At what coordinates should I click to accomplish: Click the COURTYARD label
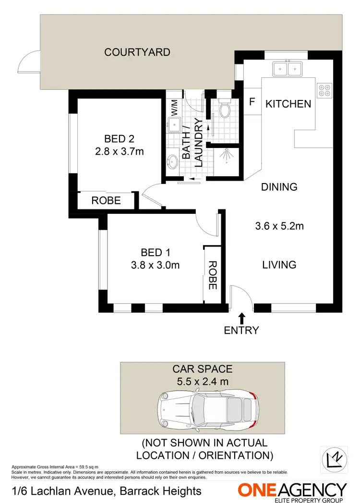[137, 52]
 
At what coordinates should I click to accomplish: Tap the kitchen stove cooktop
[324, 90]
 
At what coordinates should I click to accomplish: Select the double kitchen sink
[287, 69]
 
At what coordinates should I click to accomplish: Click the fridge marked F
[252, 102]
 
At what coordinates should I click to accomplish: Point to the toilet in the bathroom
[225, 109]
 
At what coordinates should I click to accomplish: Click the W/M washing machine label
[174, 107]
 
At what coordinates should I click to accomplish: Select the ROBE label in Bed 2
[106, 201]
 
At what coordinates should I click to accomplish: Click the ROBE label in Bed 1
[212, 275]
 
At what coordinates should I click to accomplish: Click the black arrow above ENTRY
[241, 317]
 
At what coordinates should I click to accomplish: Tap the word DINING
[279, 187]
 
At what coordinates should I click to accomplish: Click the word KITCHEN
[288, 104]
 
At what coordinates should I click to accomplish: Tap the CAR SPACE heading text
[202, 369]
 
